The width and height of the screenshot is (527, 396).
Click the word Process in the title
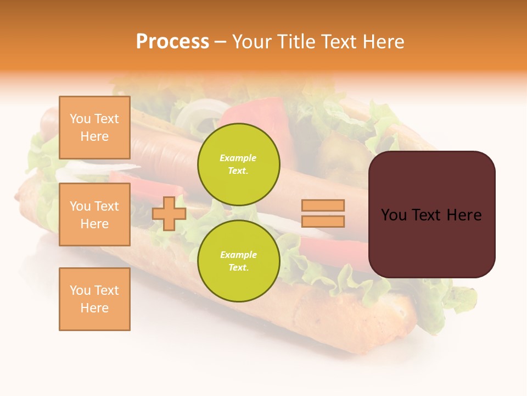tap(172, 42)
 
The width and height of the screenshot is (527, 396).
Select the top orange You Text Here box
tap(94, 128)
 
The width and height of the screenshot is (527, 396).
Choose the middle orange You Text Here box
tap(94, 215)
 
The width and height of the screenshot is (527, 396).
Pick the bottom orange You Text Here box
tap(94, 299)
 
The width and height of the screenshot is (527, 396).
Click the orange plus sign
tap(169, 213)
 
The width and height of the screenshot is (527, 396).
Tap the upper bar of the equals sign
tap(323, 205)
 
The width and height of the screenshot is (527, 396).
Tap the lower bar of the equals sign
tap(323, 221)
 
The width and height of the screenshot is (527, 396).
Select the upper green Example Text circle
tap(239, 164)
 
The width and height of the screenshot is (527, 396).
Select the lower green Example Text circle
tap(239, 261)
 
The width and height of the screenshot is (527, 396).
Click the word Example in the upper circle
tap(238, 158)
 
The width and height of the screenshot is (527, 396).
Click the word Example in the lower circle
tap(238, 255)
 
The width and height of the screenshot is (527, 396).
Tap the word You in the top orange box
tap(80, 119)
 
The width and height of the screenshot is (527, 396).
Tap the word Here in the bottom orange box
tap(94, 308)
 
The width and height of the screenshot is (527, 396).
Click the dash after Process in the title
tap(220, 42)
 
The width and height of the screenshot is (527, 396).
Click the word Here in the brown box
tap(464, 215)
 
